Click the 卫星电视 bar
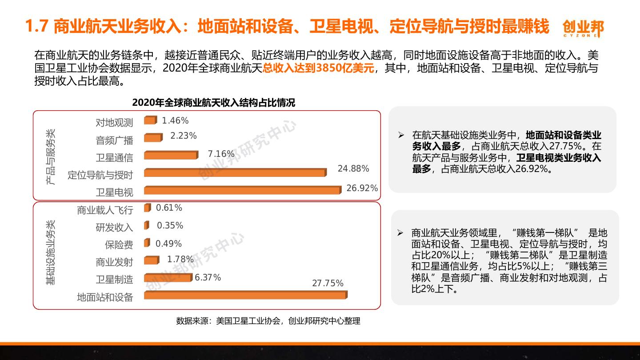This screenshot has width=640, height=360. click(242, 190)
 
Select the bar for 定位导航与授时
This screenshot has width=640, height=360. click(235, 172)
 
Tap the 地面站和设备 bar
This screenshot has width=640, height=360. click(245, 295)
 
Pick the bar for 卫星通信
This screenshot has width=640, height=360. click(171, 155)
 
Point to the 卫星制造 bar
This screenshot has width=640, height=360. click(168, 278)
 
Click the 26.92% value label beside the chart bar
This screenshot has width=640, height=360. click(362, 188)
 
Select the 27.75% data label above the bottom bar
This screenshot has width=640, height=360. click(328, 284)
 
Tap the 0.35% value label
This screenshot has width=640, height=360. click(170, 226)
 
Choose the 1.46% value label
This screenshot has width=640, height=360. click(175, 121)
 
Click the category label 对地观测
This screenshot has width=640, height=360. click(114, 123)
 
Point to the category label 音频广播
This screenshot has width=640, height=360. click(114, 140)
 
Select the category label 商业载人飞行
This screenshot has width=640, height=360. click(105, 210)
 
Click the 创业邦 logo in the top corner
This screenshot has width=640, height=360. click(583, 28)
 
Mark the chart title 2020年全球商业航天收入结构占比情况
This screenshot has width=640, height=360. click(213, 103)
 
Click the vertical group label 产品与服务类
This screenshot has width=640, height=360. click(52, 156)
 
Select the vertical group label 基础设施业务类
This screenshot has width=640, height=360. click(52, 252)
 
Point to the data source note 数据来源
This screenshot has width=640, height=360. click(268, 321)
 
